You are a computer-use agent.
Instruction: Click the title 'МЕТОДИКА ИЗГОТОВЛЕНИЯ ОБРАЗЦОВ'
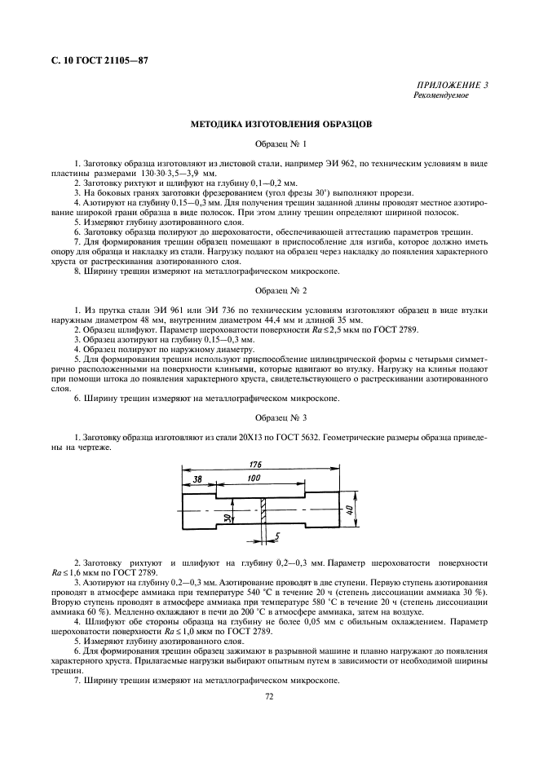pyautogui.click(x=281, y=126)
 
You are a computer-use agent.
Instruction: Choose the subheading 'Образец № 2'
pyautogui.click(x=281, y=289)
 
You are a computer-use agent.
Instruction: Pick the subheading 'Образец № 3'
pyautogui.click(x=281, y=417)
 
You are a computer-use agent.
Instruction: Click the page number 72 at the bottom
pyautogui.click(x=269, y=696)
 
